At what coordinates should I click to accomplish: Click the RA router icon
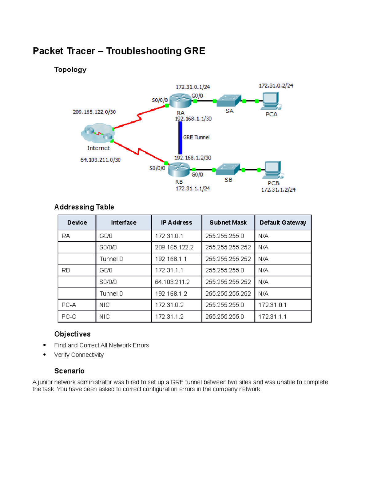click(x=180, y=100)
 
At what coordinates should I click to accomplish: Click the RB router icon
click(x=179, y=169)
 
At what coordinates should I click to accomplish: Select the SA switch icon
click(x=229, y=100)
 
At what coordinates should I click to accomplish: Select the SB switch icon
click(x=228, y=169)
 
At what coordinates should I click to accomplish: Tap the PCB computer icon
click(x=273, y=170)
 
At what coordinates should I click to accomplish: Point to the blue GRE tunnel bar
click(x=181, y=138)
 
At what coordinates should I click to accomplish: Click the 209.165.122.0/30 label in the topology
click(x=94, y=112)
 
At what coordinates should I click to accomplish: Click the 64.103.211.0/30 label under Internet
click(x=100, y=160)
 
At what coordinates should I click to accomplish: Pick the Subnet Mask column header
click(x=228, y=222)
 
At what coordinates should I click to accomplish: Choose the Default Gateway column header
click(x=283, y=222)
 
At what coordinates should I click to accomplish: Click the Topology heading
click(x=70, y=70)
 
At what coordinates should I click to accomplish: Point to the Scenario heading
click(x=69, y=371)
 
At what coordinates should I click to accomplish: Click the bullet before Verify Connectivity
click(x=45, y=355)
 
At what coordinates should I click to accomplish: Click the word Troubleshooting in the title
click(x=144, y=51)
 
